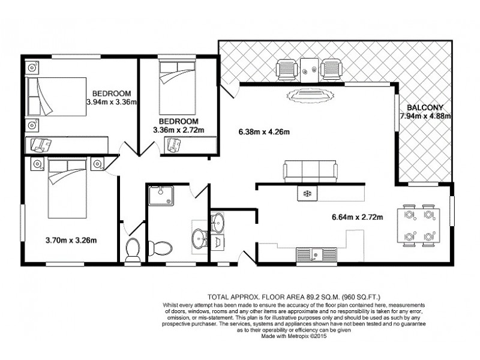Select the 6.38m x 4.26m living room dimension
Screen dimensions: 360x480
[260, 133]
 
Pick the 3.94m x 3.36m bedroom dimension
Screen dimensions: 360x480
[112, 102]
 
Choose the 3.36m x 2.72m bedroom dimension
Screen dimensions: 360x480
[178, 130]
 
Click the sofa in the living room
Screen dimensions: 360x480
[310, 172]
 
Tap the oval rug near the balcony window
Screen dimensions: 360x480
[309, 95]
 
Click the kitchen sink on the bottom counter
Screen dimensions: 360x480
[315, 254]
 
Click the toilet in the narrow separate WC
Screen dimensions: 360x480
[133, 249]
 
